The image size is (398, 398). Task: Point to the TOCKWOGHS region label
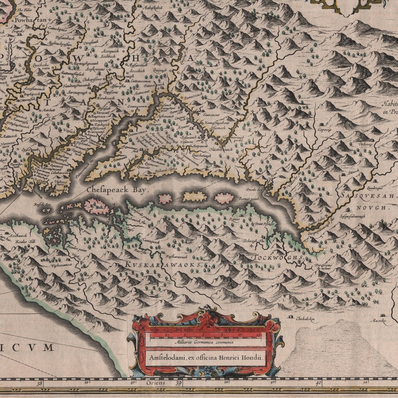point(278,258)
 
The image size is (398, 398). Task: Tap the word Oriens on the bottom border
point(156,383)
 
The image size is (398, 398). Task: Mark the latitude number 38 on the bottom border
point(40,383)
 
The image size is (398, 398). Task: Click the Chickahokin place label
point(305,319)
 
